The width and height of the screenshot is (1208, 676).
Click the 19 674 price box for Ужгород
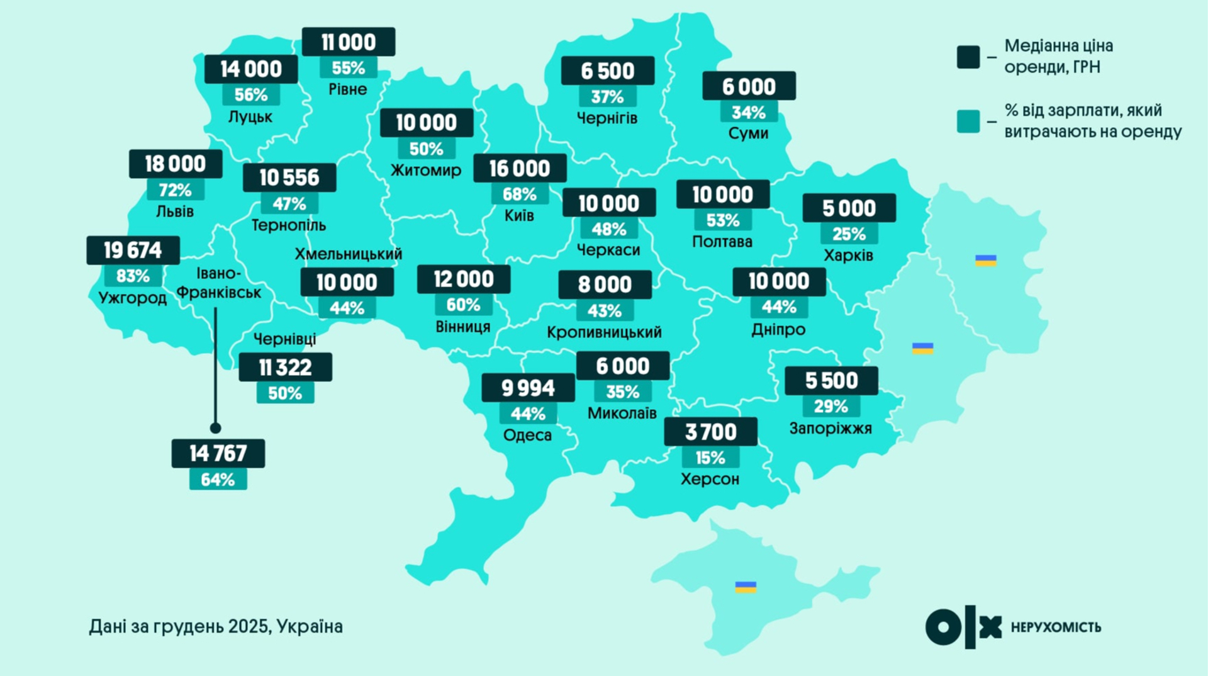tap(133, 251)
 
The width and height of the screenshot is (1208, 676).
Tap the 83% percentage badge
tap(133, 276)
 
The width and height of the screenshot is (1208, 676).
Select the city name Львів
tap(175, 211)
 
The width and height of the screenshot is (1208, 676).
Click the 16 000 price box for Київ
tap(520, 168)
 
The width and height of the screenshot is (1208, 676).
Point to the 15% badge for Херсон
tap(710, 458)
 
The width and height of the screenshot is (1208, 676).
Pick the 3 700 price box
tap(710, 432)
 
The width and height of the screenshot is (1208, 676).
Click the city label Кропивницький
tap(604, 332)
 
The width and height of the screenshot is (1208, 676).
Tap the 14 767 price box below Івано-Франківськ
tap(218, 453)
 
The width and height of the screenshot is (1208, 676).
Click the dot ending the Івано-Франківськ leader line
tap(215, 428)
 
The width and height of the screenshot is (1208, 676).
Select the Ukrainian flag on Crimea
tap(746, 587)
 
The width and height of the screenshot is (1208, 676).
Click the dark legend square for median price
tap(968, 57)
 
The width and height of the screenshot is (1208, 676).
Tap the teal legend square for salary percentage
tap(968, 121)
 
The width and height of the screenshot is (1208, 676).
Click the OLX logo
tap(963, 627)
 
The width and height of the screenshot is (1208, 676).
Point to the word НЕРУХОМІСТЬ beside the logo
tap(1056, 628)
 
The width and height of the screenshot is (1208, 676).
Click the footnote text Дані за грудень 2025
tap(215, 627)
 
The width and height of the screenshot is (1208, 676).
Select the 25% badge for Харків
tap(849, 234)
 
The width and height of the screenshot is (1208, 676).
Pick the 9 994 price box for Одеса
tap(528, 388)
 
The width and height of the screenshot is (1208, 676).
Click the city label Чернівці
tap(284, 339)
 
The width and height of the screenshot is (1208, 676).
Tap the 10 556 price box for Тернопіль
tap(289, 177)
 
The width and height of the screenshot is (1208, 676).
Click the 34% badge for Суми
tap(749, 113)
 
